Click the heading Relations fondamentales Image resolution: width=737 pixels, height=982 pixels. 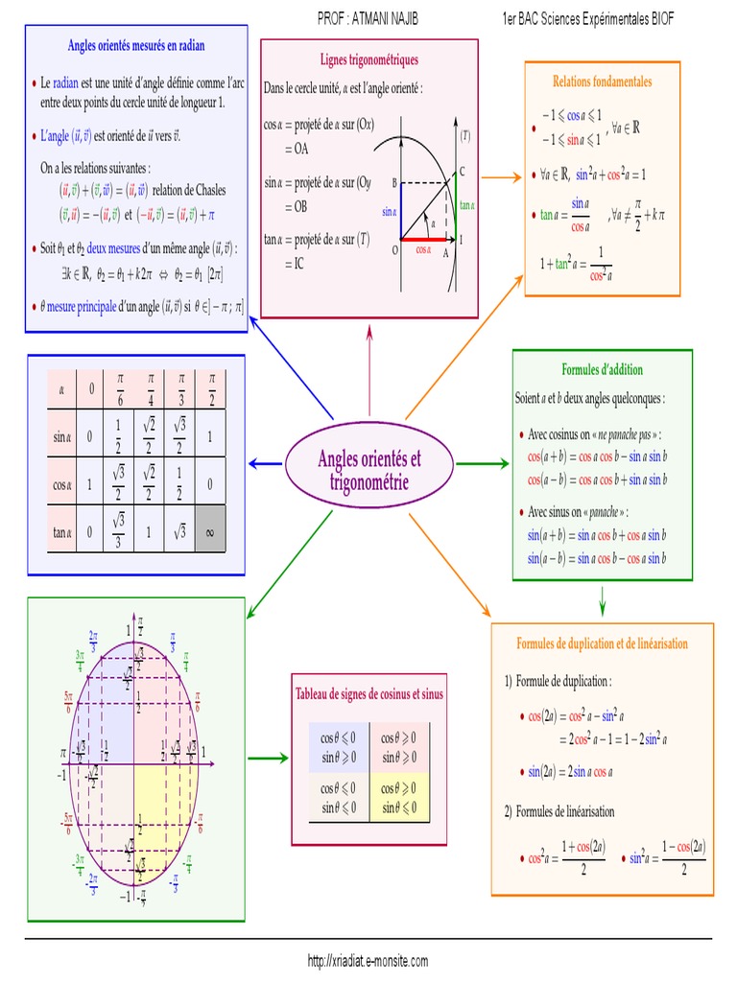coord(602,82)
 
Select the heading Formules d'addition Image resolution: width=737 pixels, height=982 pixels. coord(602,369)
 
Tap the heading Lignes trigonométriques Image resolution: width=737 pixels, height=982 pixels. coord(368,59)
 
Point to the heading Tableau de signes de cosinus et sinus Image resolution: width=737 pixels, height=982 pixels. coord(368,692)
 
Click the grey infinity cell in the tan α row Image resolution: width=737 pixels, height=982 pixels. coord(209,530)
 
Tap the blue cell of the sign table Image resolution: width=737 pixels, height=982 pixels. coord(340,746)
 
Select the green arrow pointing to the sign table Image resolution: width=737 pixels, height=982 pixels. coord(273,759)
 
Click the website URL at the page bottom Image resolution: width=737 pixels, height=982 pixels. coord(368,960)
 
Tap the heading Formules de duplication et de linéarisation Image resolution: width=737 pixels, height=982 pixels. coord(602,643)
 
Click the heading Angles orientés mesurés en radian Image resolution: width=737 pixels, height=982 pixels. coord(136,45)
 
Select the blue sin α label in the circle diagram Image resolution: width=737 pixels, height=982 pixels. coord(388,211)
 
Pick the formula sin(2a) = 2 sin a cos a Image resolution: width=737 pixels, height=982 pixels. coord(572,771)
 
